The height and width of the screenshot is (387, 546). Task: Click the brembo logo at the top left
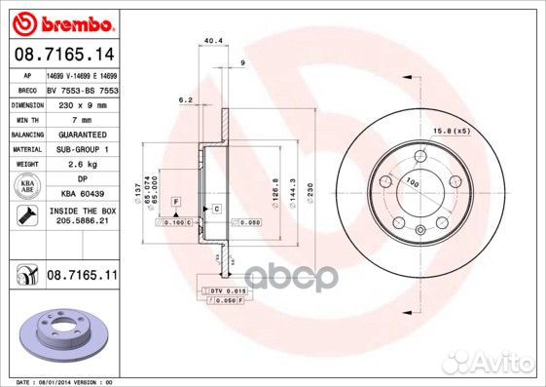(61, 20)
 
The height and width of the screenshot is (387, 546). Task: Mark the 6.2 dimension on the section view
(184, 99)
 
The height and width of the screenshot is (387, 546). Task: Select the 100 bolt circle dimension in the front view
(412, 183)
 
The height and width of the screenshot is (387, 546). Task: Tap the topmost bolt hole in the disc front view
(420, 155)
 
